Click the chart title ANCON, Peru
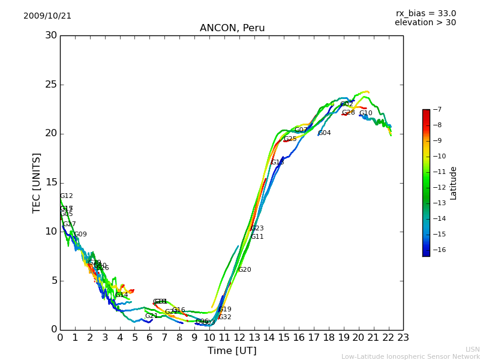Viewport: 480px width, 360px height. click(232, 28)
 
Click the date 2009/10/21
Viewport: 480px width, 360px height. click(47, 16)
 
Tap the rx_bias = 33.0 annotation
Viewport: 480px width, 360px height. click(425, 13)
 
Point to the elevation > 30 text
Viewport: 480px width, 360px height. click(425, 23)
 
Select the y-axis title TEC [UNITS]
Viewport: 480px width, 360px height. click(37, 182)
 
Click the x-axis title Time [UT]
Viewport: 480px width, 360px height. click(232, 351)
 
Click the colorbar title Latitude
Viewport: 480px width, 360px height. click(454, 183)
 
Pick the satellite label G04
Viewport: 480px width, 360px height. click(325, 133)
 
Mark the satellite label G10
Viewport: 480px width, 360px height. click(366, 113)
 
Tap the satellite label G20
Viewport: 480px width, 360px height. click(245, 270)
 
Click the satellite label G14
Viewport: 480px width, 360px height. click(122, 295)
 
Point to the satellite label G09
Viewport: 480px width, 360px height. click(80, 235)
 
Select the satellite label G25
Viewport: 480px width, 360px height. click(290, 139)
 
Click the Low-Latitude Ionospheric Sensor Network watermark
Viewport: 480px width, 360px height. click(410, 356)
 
